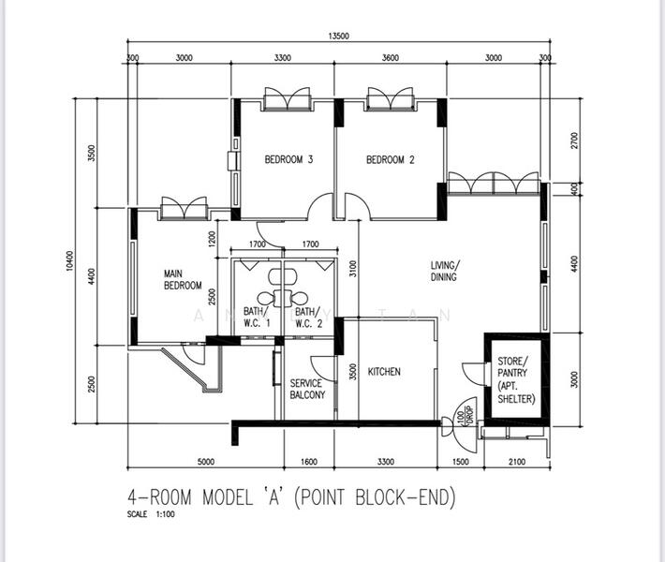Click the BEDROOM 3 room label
(x=288, y=160)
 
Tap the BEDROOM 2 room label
(x=390, y=160)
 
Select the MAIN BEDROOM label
(x=183, y=279)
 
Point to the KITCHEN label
(x=384, y=372)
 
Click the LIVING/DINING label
(x=446, y=272)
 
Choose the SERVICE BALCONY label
(x=306, y=390)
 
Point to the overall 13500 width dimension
(x=338, y=37)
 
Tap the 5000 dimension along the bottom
(x=206, y=462)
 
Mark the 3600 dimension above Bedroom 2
(x=390, y=58)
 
